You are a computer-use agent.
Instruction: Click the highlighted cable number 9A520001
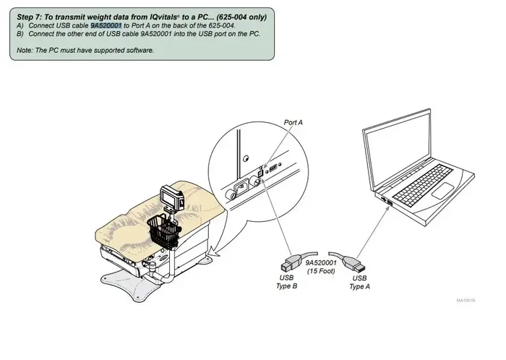[x=106, y=25]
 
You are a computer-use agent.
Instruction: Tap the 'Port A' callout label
[x=293, y=123]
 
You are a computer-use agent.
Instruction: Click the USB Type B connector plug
[x=291, y=262]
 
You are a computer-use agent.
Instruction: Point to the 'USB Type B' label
[x=286, y=282]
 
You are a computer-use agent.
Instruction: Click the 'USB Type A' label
[x=359, y=282]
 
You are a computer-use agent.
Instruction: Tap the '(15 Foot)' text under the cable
[x=321, y=271]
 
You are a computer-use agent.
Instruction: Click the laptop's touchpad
[x=442, y=190]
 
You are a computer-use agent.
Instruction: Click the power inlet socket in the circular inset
[x=241, y=186]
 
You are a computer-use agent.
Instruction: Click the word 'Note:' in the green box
[x=25, y=51]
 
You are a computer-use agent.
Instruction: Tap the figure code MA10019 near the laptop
[x=466, y=300]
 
